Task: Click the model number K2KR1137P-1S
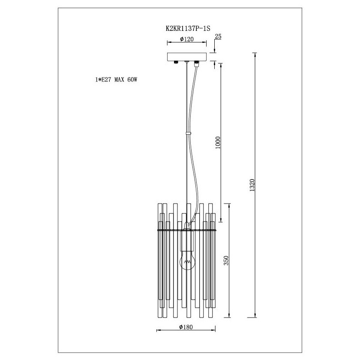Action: [x=188, y=28]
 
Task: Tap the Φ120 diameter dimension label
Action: [x=187, y=39]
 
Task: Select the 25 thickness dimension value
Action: [x=218, y=36]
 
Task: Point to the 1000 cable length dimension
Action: [x=218, y=143]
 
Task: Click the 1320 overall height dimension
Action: [x=252, y=185]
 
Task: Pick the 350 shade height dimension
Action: [x=226, y=261]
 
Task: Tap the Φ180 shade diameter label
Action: [x=186, y=327]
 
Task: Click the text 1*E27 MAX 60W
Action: [x=116, y=80]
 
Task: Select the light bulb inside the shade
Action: [x=187, y=261]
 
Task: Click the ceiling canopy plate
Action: [x=187, y=57]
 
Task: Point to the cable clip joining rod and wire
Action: [x=188, y=133]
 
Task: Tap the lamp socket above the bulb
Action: [x=187, y=240]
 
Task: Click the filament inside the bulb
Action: [x=188, y=261]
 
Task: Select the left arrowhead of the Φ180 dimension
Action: [x=158, y=330]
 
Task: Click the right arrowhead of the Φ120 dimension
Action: [x=204, y=42]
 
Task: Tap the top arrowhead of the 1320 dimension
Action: [x=255, y=55]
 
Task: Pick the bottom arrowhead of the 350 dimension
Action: [x=229, y=315]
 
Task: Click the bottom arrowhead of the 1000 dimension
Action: [x=221, y=220]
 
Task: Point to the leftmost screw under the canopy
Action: [x=176, y=62]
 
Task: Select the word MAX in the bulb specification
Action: [x=120, y=80]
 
